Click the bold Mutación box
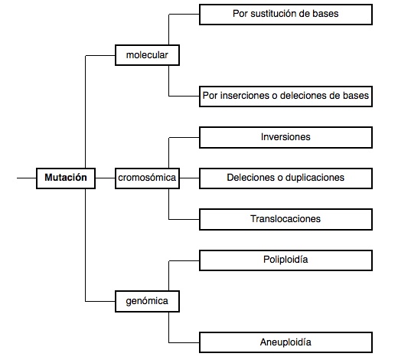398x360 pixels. click(x=66, y=178)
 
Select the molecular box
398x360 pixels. click(x=147, y=55)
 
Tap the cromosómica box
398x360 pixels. click(x=147, y=178)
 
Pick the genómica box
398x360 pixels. click(x=147, y=301)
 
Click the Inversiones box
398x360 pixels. click(x=285, y=137)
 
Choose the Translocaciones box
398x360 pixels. click(x=285, y=219)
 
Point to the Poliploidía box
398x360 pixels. click(x=285, y=260)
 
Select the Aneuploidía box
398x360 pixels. click(x=285, y=342)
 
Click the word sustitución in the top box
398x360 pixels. click(x=272, y=14)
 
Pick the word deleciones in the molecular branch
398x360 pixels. click(x=303, y=96)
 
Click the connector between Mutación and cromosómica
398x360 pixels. click(x=106, y=178)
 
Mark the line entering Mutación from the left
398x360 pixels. click(x=27, y=178)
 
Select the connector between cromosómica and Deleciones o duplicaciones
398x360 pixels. click(x=189, y=178)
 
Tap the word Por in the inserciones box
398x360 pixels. click(x=210, y=96)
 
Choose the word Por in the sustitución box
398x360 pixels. click(x=240, y=14)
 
